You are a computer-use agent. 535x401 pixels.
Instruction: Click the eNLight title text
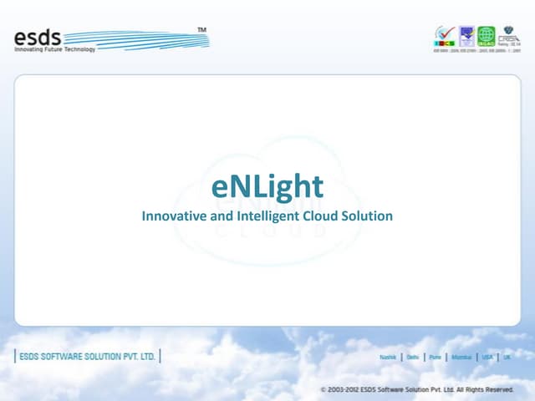point(267,187)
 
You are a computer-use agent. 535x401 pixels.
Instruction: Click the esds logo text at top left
point(38,37)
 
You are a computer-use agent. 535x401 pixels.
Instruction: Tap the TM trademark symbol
point(201,30)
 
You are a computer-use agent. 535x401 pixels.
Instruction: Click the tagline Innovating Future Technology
point(55,50)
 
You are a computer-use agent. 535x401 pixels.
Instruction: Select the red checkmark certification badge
point(444,35)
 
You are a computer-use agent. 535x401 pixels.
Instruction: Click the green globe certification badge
point(486,35)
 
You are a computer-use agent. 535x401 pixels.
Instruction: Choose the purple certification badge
point(466,35)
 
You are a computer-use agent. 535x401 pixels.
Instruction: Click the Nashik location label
point(388,357)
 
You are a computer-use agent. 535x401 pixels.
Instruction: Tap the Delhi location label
point(413,357)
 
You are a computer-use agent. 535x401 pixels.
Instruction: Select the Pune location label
point(435,357)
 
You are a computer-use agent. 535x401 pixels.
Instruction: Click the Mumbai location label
point(461,357)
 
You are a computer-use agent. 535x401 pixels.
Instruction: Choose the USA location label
point(487,357)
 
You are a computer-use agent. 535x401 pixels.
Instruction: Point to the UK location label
point(507,357)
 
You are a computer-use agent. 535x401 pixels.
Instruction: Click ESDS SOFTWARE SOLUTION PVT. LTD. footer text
point(87,356)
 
